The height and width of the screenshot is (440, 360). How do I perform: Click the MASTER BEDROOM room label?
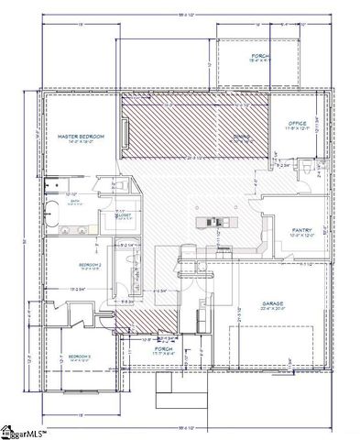tap(81, 136)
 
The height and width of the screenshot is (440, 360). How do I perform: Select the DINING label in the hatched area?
tap(241, 137)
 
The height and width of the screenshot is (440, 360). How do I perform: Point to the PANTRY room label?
tap(302, 230)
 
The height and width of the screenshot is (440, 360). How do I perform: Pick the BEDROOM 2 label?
tap(90, 263)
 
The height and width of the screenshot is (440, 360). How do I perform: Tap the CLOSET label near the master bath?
tap(123, 214)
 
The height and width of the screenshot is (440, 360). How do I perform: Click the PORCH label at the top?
tap(260, 56)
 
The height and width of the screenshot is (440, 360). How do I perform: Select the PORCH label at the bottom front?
tap(165, 348)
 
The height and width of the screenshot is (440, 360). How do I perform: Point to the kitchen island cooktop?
tap(213, 221)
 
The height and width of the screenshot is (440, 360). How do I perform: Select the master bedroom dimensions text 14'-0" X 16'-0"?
tap(81, 142)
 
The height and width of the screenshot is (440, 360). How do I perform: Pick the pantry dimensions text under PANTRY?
tap(302, 236)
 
